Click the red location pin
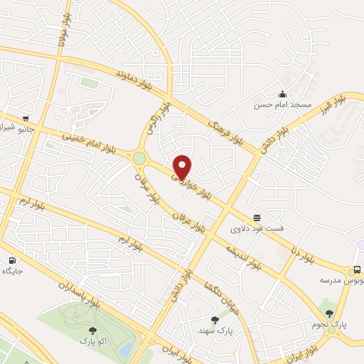(x=183, y=166)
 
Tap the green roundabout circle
(x=139, y=158)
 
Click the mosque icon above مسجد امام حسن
(x=283, y=94)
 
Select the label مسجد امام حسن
(x=284, y=105)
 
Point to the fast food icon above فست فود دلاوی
(x=256, y=218)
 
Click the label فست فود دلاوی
(x=257, y=229)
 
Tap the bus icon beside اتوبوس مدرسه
(x=357, y=270)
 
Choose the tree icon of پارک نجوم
(x=328, y=312)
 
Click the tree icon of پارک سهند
(x=215, y=320)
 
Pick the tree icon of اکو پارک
(x=92, y=330)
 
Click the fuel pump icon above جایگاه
(x=12, y=260)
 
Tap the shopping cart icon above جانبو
(x=26, y=119)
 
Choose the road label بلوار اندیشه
(x=242, y=255)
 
